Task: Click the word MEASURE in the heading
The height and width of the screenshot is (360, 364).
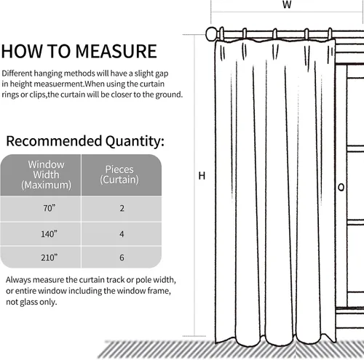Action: [x=116, y=51]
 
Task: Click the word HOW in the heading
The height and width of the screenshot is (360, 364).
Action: [x=22, y=51]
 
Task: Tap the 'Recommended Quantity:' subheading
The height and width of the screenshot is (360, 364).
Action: [x=85, y=141]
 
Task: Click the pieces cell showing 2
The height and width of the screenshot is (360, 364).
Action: [x=122, y=209]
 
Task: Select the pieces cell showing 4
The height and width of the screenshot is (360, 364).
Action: [x=122, y=234]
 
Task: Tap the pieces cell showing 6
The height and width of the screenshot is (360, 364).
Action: [x=122, y=257]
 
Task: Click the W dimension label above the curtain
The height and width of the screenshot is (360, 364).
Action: [x=287, y=4]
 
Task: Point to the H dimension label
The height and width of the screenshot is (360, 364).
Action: [x=202, y=176]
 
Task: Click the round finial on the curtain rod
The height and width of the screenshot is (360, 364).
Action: [x=212, y=34]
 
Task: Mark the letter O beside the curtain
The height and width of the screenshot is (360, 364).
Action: [x=341, y=188]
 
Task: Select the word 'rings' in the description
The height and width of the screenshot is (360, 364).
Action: [x=10, y=95]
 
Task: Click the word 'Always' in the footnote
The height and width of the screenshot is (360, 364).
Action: [x=18, y=280]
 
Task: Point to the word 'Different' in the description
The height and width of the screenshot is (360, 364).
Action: [x=17, y=73]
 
